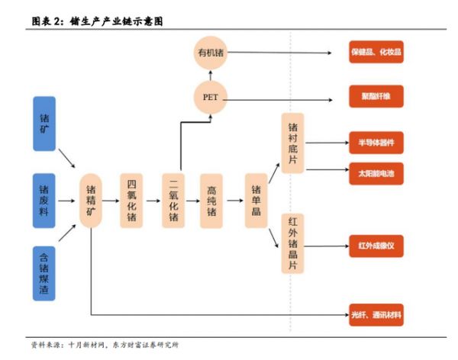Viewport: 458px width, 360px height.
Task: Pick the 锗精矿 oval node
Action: coord(91,201)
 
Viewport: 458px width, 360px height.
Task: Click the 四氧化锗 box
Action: coord(132,200)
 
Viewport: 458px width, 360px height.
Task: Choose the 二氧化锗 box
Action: coord(173,200)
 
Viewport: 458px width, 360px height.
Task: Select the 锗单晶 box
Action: coord(255,200)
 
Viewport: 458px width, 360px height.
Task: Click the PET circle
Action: coord(210,98)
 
